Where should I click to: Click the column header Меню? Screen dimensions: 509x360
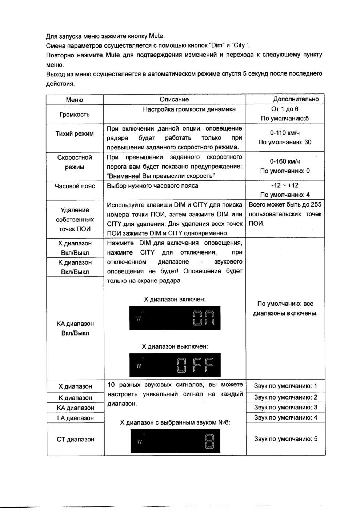[74, 100]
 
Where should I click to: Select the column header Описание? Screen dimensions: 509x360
[174, 100]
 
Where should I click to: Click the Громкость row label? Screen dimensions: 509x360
[74, 115]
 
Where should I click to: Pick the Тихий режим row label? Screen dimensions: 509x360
[74, 134]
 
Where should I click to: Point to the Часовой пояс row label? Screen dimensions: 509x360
[74, 186]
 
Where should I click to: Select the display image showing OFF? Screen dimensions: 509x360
[175, 365]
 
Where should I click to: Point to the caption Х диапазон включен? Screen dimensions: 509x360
[175, 300]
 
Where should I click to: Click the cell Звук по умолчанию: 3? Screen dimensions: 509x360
[285, 407]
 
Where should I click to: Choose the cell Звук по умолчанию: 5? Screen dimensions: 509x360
[285, 439]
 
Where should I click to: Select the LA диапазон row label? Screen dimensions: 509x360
[75, 418]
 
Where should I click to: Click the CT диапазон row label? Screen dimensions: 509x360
[75, 439]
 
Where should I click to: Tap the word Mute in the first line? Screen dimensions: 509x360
[157, 37]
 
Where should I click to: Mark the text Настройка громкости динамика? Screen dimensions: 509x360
[189, 109]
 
